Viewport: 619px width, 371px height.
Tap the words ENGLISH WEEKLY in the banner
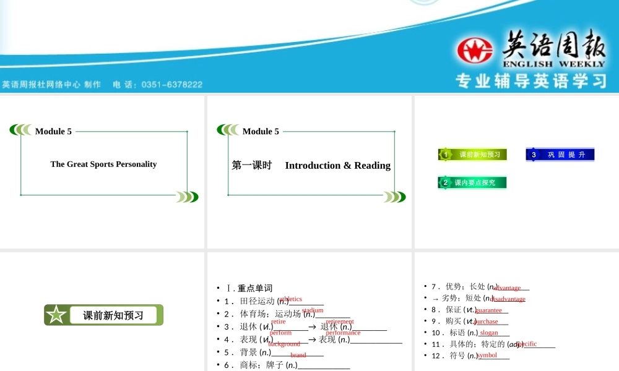pos(554,64)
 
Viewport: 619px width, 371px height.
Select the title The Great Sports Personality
pos(103,164)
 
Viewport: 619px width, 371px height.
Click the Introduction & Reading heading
pos(337,166)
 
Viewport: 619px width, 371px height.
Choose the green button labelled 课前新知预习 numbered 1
pos(473,155)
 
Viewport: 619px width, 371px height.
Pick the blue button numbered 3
pos(560,155)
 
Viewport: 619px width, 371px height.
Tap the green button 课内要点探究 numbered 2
pos(473,182)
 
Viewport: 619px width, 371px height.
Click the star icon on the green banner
pos(56,315)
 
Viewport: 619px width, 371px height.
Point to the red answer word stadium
pos(313,310)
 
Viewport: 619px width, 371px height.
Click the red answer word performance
pos(343,333)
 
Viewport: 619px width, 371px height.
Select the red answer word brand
pos(298,355)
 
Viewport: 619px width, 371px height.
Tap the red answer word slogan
pos(489,333)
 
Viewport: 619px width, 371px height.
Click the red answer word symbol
pos(487,355)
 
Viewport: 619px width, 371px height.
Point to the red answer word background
pos(284,344)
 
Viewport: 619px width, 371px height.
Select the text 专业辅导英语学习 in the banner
pos(530,81)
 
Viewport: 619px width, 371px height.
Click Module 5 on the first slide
pos(53,131)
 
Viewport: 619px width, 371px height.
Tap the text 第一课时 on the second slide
pos(252,166)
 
